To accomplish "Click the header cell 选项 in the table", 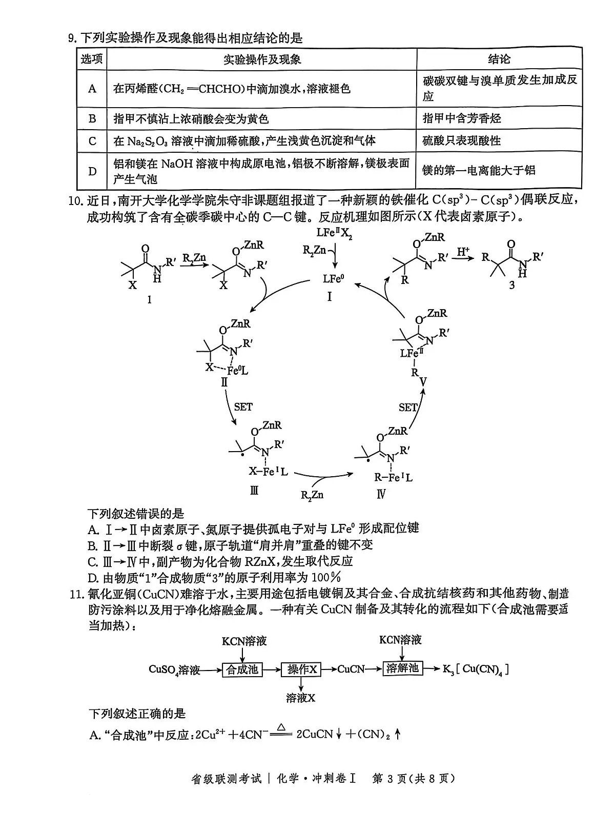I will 92,59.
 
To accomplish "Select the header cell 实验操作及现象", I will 262,59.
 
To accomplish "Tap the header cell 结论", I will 499,59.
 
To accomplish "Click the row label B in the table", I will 92,119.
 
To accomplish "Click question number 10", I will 75,200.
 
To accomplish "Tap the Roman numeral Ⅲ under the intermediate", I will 254,491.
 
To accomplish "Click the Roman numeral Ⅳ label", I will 380,494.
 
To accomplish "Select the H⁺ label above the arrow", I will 463,252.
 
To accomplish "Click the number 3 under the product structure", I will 511,286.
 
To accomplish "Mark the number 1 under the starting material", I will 149,299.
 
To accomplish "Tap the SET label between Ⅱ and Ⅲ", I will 243,406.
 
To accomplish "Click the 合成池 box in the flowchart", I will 242,669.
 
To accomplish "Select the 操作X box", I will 302,669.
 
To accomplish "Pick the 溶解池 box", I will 403,668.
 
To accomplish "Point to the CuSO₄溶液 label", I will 174,669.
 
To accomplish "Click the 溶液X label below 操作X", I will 301,698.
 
